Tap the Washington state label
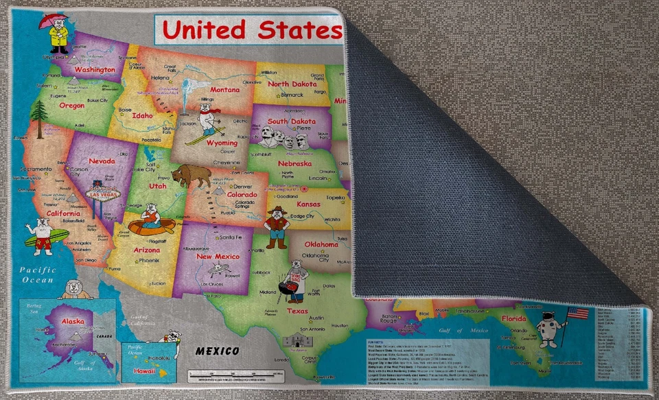coord(94,70)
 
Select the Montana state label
coord(224,90)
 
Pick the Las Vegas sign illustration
coord(105,196)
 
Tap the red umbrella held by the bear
coord(53,21)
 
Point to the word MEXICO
coord(218,351)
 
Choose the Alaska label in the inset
coord(73,321)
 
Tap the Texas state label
coord(297,311)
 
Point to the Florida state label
coord(513,318)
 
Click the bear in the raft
coord(150,222)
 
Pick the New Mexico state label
coord(218,256)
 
